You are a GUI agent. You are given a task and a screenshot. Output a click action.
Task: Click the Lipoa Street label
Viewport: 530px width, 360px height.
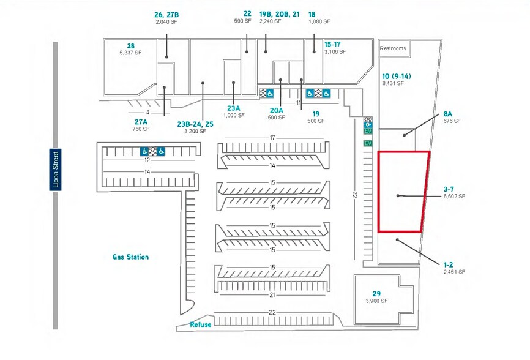(55, 170)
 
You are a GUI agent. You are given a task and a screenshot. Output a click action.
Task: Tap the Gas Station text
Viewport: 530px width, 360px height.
(130, 257)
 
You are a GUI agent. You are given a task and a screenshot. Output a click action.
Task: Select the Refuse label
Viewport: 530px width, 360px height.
(200, 324)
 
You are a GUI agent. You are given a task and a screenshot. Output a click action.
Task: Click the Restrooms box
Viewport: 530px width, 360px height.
(393, 48)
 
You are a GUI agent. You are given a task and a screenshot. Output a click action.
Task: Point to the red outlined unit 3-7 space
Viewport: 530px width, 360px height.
(403, 192)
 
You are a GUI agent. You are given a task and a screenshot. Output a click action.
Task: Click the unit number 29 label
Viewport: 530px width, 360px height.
(376, 294)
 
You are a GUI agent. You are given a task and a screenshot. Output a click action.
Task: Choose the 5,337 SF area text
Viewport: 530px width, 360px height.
(130, 53)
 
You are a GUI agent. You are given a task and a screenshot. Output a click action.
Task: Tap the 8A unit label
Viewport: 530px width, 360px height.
(448, 114)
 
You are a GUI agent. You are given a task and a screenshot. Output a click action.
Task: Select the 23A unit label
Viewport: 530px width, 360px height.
(233, 108)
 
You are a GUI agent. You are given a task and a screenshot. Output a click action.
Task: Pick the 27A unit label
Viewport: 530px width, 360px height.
(141, 122)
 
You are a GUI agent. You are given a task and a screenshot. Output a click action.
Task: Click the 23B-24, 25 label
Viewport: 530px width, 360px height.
(195, 124)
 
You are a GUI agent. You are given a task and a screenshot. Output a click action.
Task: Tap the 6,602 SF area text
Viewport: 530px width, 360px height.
(454, 197)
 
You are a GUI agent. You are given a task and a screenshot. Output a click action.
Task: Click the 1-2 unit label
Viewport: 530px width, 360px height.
(449, 264)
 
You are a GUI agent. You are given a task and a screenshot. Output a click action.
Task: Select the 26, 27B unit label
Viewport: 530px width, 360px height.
(166, 13)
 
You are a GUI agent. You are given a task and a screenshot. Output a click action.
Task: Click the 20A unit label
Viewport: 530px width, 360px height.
(277, 111)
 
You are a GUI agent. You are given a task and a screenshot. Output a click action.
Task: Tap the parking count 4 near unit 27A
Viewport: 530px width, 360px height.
(148, 113)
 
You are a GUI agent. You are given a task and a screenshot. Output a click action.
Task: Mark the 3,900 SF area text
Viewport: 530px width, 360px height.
(376, 301)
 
